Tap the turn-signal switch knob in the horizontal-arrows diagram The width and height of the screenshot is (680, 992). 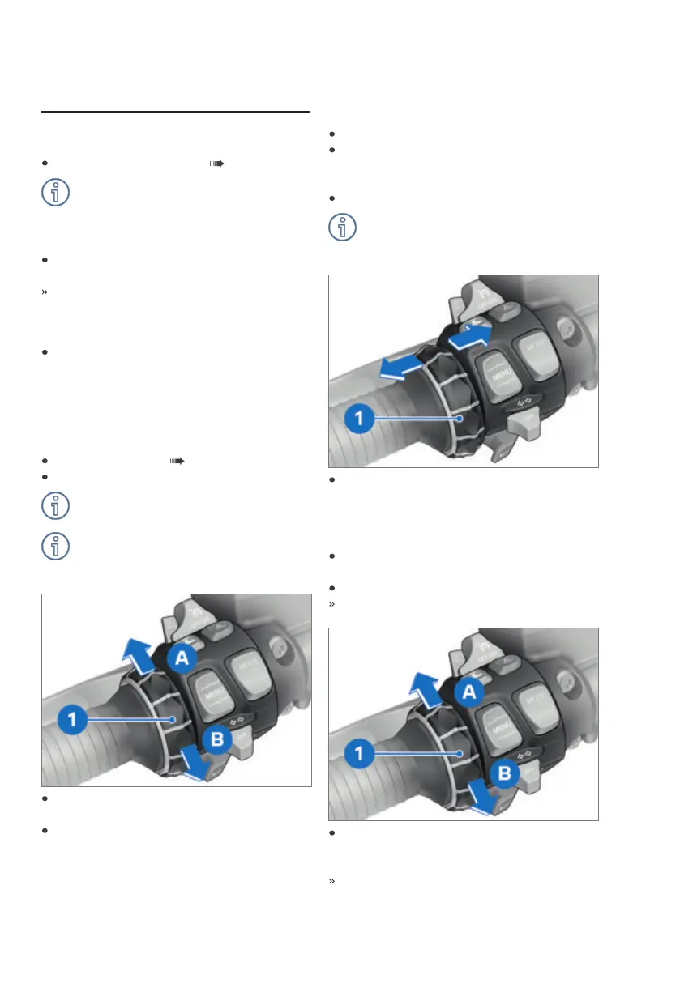click(520, 425)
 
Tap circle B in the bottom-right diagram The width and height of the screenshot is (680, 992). click(503, 774)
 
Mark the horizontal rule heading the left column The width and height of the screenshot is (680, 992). click(175, 112)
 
